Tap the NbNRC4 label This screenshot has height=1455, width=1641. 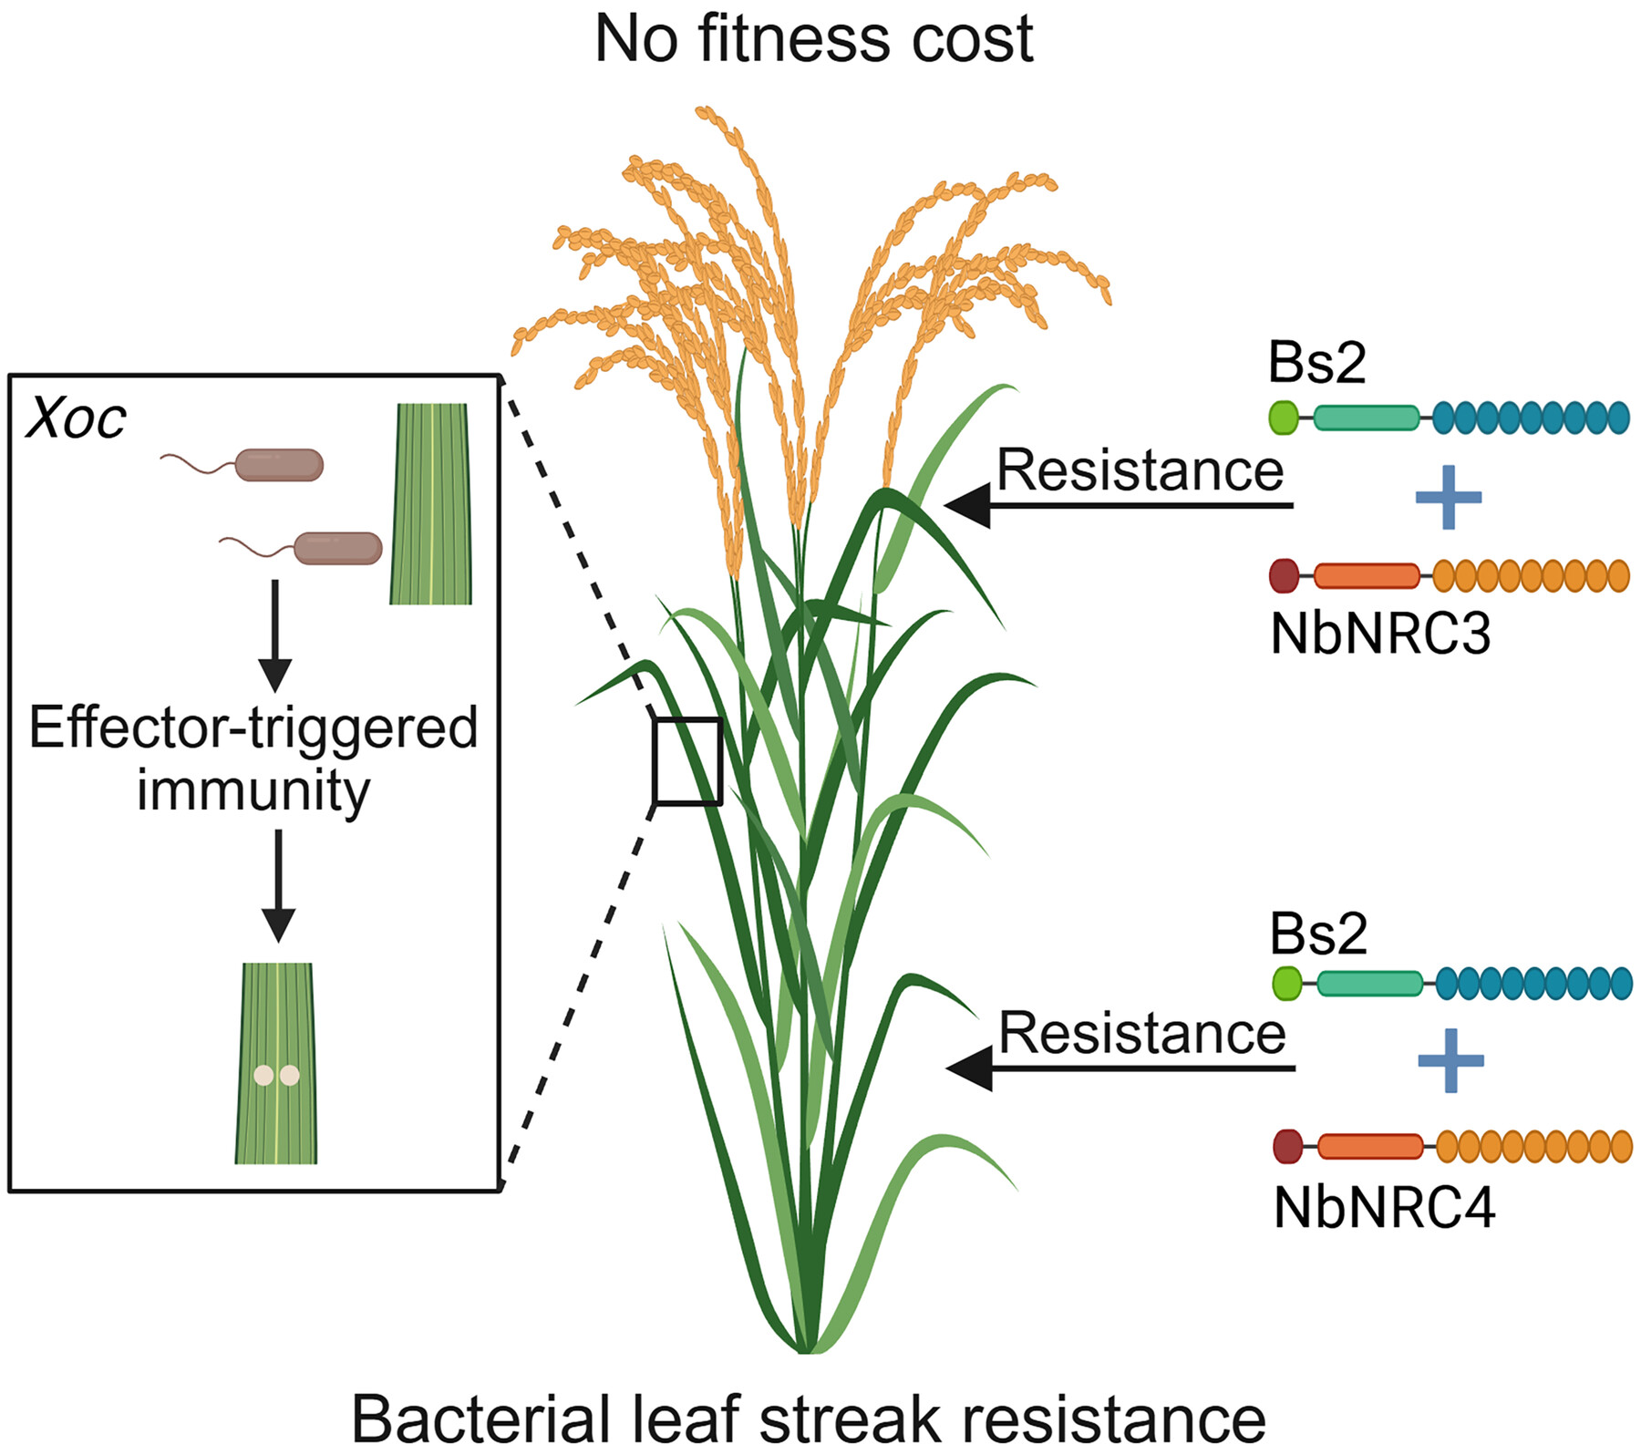pyautogui.click(x=1384, y=1209)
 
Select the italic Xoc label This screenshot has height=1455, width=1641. pyautogui.click(x=77, y=420)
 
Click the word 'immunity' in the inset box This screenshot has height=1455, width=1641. pyautogui.click(x=253, y=790)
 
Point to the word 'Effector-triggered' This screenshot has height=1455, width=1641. pyautogui.click(x=253, y=728)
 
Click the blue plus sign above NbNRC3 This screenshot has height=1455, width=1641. pyautogui.click(x=1448, y=498)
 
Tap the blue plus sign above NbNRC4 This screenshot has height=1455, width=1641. pyautogui.click(x=1450, y=1060)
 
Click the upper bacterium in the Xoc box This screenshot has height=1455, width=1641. pyautogui.click(x=278, y=464)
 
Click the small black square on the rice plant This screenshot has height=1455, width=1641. pyautogui.click(x=687, y=761)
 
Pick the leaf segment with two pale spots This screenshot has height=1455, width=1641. pyautogui.click(x=276, y=1063)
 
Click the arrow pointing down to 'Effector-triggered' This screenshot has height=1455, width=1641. pyautogui.click(x=274, y=637)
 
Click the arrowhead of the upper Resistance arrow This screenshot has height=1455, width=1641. pyautogui.click(x=968, y=505)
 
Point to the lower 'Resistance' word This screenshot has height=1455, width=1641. pyautogui.click(x=1141, y=1034)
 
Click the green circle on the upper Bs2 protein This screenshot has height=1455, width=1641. pyautogui.click(x=1284, y=418)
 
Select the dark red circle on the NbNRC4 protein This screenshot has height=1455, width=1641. pyautogui.click(x=1286, y=1147)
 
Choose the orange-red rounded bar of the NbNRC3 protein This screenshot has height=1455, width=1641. pyautogui.click(x=1367, y=576)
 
